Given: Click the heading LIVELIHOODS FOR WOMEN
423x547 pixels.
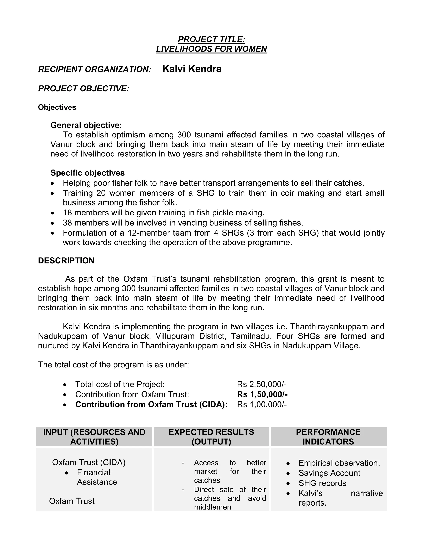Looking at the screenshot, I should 211,49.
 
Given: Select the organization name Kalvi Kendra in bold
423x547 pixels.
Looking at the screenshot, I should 192,69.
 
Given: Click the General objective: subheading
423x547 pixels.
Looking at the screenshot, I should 86,125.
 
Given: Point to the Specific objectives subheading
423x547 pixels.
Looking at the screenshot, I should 87,173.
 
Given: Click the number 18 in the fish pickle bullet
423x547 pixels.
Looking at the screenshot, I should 67,213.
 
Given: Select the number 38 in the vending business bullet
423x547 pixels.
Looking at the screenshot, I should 67,223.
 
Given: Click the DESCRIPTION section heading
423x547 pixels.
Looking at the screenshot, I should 66,260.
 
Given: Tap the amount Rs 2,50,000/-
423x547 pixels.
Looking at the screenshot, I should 262,384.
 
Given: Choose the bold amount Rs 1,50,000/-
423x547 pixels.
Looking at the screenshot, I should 262,394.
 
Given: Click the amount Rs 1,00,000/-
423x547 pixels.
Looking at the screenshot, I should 262,405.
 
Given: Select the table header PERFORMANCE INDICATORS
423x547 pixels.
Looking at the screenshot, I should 328,437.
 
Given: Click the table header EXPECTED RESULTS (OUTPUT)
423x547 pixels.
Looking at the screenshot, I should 211,437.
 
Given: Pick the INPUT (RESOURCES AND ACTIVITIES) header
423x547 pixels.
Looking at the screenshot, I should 94,437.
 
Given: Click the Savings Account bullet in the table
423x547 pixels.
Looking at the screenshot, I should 329,473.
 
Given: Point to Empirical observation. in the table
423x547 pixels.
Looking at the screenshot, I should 339,463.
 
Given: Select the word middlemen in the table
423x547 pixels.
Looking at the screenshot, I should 212,507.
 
